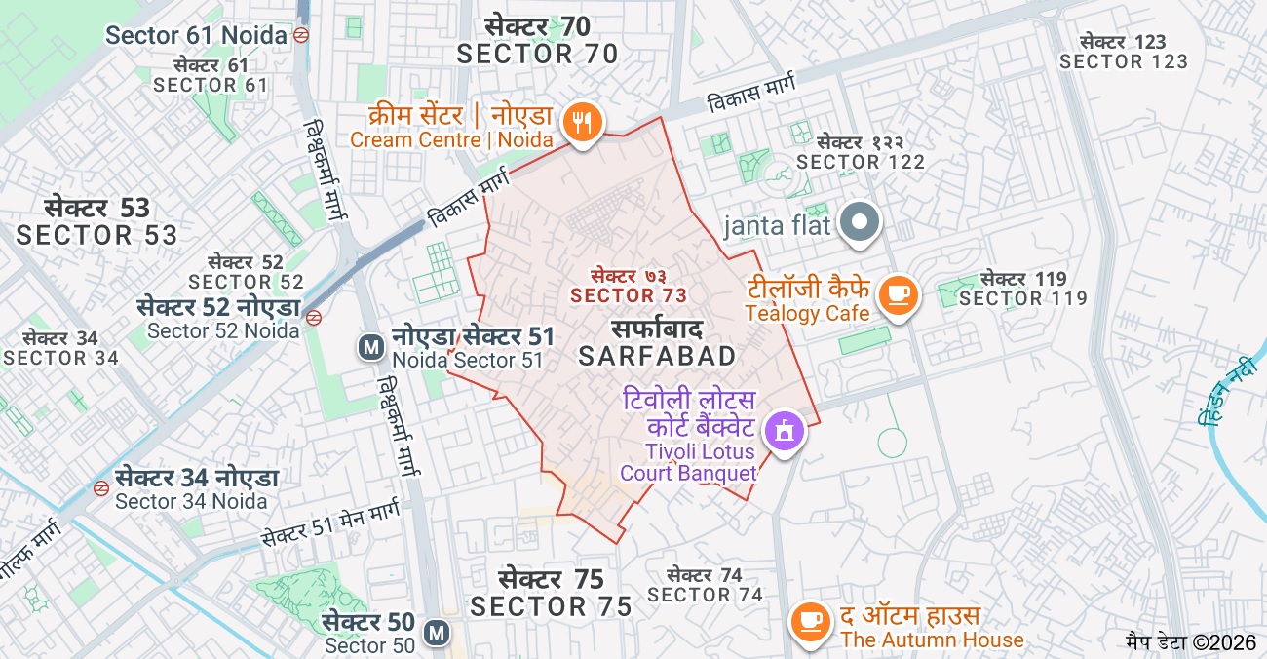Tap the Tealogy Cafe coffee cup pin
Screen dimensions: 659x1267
pos(897,294)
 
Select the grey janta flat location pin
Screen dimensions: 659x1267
pos(860,222)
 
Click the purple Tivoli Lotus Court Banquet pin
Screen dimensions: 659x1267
pos(784,430)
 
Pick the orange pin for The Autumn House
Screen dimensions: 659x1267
pos(809,621)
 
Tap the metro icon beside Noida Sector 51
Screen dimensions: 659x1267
pos(369,347)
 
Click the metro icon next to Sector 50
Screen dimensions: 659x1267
pos(437,634)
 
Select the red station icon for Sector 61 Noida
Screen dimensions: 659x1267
pos(302,35)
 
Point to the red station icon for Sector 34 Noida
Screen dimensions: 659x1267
pos(101,487)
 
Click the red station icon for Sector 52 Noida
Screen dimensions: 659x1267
pos(314,318)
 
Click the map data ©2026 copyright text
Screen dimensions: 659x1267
pos(1191,642)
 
